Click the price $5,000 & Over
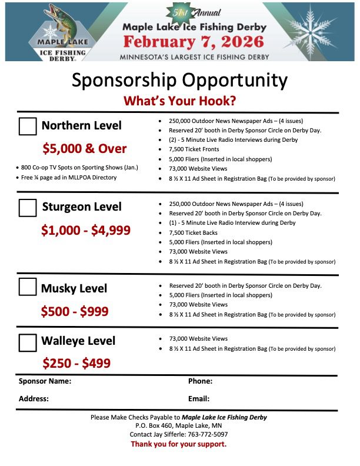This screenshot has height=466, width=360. pyautogui.click(x=85, y=148)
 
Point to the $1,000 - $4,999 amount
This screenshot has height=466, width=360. pyautogui.click(x=86, y=231)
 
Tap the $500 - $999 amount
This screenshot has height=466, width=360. pyautogui.click(x=75, y=311)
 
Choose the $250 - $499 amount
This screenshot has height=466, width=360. pyautogui.click(x=76, y=364)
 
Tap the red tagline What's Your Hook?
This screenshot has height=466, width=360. pyautogui.click(x=180, y=100)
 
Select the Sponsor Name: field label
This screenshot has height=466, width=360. pyautogui.click(x=45, y=381)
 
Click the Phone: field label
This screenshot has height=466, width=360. pyautogui.click(x=200, y=381)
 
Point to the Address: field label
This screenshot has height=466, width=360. pyautogui.click(x=34, y=398)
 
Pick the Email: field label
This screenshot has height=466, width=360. pyautogui.click(x=199, y=398)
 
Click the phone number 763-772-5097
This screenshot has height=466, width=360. pyautogui.click(x=205, y=434)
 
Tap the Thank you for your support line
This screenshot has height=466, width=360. pyautogui.click(x=178, y=444)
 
